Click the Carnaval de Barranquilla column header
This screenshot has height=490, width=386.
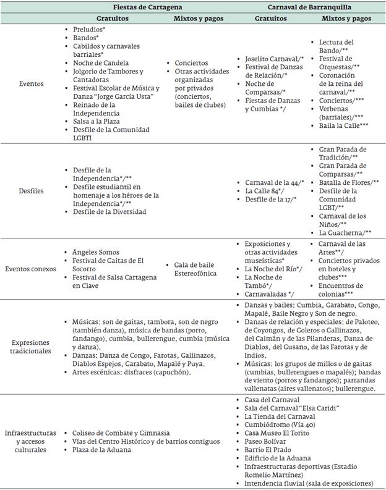point(305,7)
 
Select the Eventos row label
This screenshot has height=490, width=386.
point(31,83)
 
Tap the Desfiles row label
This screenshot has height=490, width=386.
point(31,191)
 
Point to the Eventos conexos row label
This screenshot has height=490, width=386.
point(31,269)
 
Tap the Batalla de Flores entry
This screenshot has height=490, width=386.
point(349,183)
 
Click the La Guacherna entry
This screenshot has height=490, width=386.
point(344,233)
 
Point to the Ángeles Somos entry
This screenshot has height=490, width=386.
point(97,252)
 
